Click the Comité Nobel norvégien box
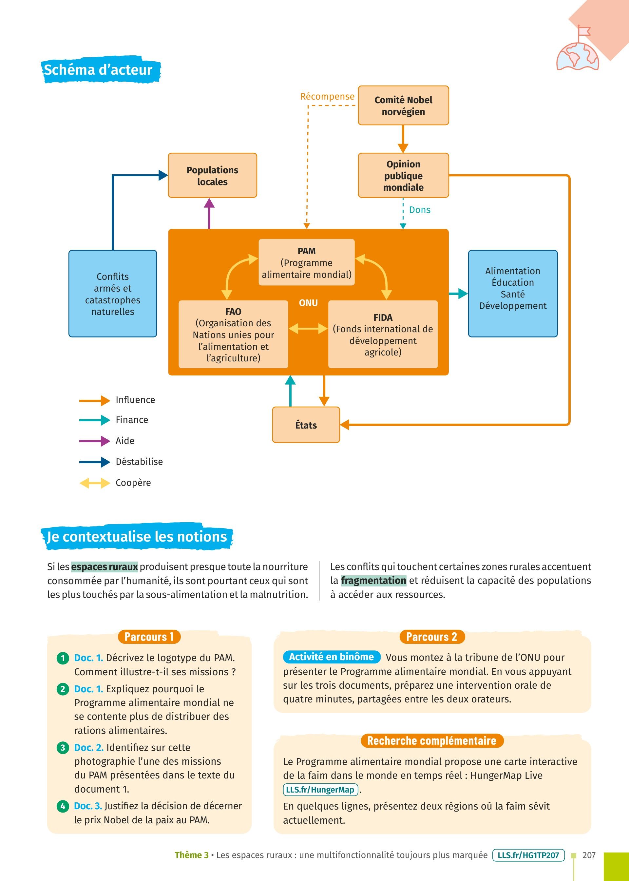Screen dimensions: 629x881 pyautogui.click(x=403, y=105)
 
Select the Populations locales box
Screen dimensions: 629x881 pyautogui.click(x=212, y=175)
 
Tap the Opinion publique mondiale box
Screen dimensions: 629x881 pyautogui.click(x=403, y=175)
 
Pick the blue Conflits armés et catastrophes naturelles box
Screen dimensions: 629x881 pyautogui.click(x=113, y=294)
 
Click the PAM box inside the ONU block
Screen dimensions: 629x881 pyautogui.click(x=306, y=262)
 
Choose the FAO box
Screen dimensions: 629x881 pyautogui.click(x=233, y=334)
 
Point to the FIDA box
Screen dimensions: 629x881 pyautogui.click(x=383, y=334)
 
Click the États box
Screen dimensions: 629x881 pyautogui.click(x=306, y=425)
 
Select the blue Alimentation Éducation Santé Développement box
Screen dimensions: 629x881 pyautogui.click(x=513, y=294)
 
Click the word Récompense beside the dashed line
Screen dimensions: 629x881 pyautogui.click(x=327, y=96)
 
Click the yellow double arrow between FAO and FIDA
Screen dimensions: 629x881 pyautogui.click(x=308, y=329)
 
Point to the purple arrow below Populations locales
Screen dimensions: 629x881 pyautogui.click(x=209, y=213)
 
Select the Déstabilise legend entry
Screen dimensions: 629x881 pyautogui.click(x=121, y=462)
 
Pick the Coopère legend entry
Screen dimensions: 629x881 pyautogui.click(x=115, y=483)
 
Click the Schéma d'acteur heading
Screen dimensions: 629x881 pyautogui.click(x=98, y=70)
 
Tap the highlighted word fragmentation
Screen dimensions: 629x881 pyautogui.click(x=373, y=581)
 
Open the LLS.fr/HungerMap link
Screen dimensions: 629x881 pyautogui.click(x=320, y=790)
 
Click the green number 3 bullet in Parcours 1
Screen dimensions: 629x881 pyautogui.click(x=63, y=748)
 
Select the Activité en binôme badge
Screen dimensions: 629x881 pyautogui.click(x=332, y=657)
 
